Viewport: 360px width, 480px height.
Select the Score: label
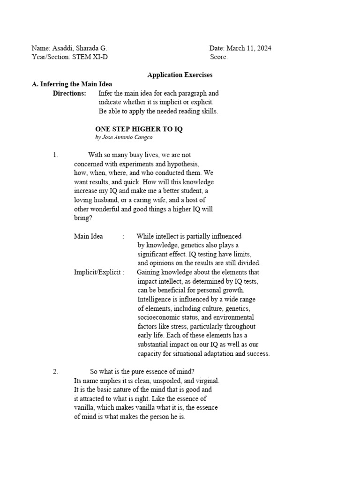click(219, 57)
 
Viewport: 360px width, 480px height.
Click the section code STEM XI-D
click(93, 57)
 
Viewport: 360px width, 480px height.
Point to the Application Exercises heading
click(180, 75)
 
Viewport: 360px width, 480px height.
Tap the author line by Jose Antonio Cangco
click(124, 138)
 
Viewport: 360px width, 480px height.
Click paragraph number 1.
click(55, 155)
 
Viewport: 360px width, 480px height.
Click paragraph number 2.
click(55, 372)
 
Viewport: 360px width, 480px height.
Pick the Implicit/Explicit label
click(99, 272)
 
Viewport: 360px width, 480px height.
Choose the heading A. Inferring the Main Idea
click(72, 84)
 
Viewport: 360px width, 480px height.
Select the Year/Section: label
click(50, 57)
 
